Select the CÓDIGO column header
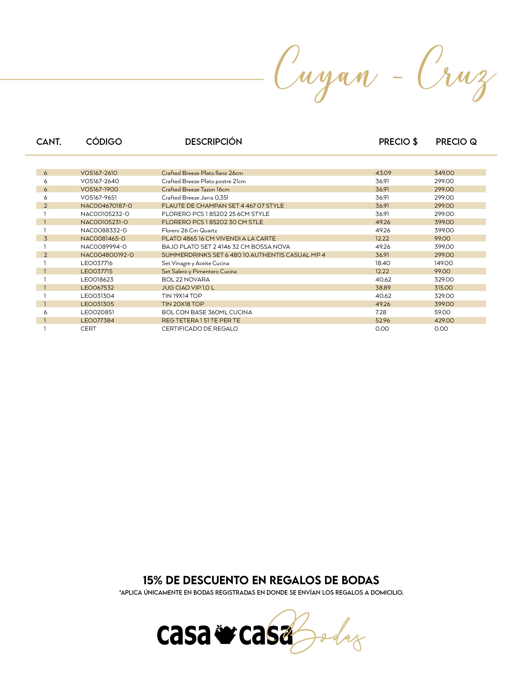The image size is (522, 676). (x=104, y=142)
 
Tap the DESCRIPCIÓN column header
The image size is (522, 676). (x=213, y=142)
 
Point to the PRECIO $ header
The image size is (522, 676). (x=398, y=142)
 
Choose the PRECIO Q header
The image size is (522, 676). (x=456, y=142)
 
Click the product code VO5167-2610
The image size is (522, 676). (x=99, y=173)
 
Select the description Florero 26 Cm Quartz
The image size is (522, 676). (x=189, y=230)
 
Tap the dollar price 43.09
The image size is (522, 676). (x=383, y=173)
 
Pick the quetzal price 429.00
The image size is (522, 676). (x=444, y=320)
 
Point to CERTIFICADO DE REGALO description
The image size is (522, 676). (x=200, y=329)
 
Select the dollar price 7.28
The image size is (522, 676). (x=381, y=312)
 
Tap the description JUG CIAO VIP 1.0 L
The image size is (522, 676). (x=188, y=288)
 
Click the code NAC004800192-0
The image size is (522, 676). (x=107, y=255)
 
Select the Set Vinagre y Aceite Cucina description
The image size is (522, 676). (x=195, y=263)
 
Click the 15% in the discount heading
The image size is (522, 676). (x=153, y=580)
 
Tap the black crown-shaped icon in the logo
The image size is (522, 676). (x=225, y=635)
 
